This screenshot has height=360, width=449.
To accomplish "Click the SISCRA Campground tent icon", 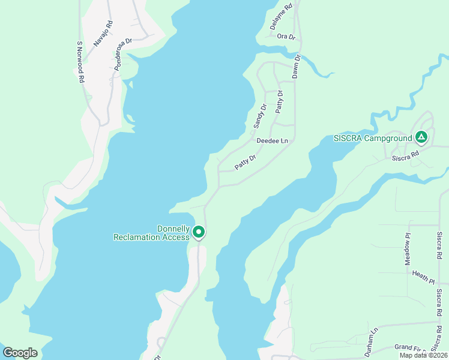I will (421, 138).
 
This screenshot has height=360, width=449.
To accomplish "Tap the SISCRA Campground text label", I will (372, 139).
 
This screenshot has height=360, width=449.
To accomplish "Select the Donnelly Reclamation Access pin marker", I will (199, 232).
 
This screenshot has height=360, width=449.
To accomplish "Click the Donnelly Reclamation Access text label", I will (152, 233).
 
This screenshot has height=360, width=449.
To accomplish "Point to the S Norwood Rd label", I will (80, 62).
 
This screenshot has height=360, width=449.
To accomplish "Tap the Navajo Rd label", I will (103, 34).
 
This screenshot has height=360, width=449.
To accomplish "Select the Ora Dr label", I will (286, 37).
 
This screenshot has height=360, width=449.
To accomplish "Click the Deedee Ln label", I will (272, 141).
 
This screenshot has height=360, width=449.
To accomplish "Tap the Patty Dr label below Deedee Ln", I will (246, 162).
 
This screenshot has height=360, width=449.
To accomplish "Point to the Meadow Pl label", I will (408, 250).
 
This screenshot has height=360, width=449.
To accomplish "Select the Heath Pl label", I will (423, 276).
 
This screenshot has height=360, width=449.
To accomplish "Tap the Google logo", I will (20, 353).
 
